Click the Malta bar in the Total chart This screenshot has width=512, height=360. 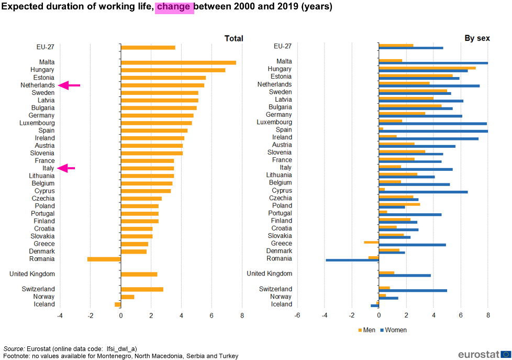point(179,62)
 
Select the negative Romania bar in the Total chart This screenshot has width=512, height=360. point(104,259)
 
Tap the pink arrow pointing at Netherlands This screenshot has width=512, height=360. point(69,85)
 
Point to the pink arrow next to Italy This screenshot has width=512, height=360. point(66,168)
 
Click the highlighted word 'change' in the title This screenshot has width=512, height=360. point(174,7)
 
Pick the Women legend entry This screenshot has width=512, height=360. point(394,330)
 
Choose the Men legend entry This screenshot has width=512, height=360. point(366,330)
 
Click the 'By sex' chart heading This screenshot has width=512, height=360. point(477,38)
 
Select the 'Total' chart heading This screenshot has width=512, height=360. point(234,39)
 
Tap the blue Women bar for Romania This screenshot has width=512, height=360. point(352,260)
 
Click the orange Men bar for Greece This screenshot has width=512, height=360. point(371,242)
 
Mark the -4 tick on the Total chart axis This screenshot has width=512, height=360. point(60,315)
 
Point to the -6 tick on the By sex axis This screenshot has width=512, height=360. point(297,315)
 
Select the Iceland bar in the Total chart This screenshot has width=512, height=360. point(118,304)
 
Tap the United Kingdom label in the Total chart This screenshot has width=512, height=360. point(32,274)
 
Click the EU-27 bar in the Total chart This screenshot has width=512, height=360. point(148,47)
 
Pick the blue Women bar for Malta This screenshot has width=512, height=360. point(433,63)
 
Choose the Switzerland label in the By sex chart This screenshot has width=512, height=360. point(275,289)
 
